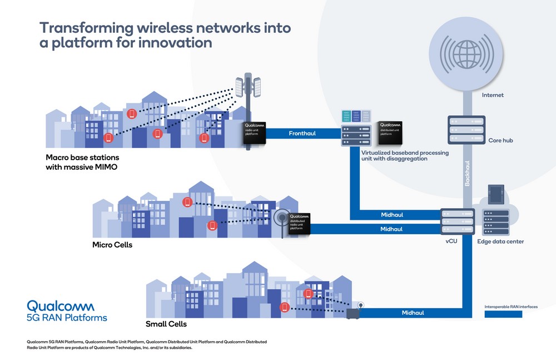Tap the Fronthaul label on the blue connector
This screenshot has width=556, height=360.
click(x=302, y=134)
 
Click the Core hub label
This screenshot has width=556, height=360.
click(x=500, y=140)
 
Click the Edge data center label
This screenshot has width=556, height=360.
click(x=500, y=241)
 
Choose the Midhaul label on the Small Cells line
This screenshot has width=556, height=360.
click(x=413, y=313)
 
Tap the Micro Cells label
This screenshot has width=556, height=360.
click(x=112, y=244)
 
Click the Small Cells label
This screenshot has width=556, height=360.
click(x=166, y=324)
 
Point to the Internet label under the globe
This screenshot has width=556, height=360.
click(x=493, y=95)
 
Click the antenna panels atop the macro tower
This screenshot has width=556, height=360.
click(x=249, y=86)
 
